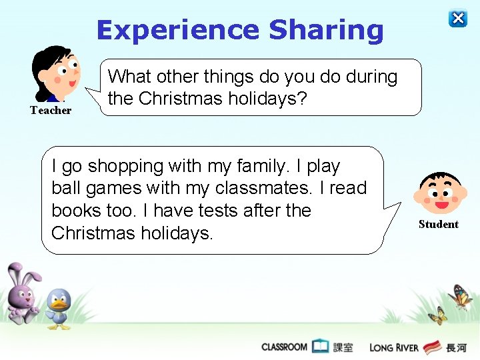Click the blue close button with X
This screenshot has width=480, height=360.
(458, 19)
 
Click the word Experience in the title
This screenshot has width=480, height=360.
(177, 31)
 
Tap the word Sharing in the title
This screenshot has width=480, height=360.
(326, 31)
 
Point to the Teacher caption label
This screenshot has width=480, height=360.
(51, 111)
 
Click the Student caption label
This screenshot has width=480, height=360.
(439, 225)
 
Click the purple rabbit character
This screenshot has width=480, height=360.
(23, 293)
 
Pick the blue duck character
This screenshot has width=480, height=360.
(59, 309)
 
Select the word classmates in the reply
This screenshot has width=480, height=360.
(267, 188)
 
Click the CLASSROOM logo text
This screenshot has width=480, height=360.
(285, 347)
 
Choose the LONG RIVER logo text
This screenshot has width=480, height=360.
(393, 347)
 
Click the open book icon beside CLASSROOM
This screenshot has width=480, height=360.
(321, 346)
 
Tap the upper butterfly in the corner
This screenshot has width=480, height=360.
(461, 297)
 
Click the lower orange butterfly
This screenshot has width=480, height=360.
(438, 315)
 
